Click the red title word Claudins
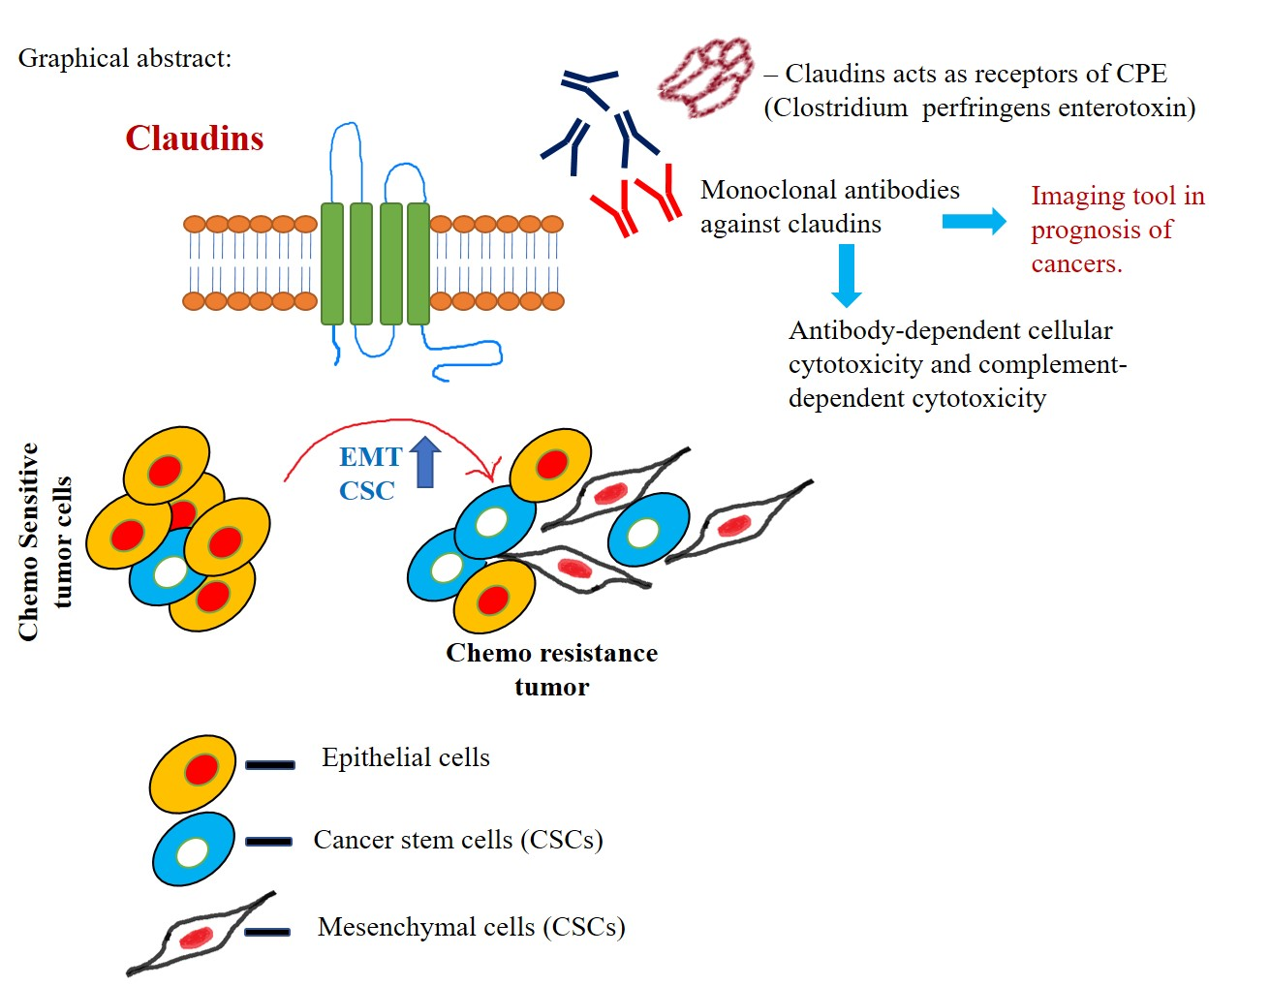pyautogui.click(x=194, y=139)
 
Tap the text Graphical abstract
pyautogui.click(x=124, y=58)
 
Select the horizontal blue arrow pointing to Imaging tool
pyautogui.click(x=974, y=222)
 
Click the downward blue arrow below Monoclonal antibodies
pyautogui.click(x=847, y=275)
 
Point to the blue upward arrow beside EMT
pyautogui.click(x=425, y=462)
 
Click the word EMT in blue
pyautogui.click(x=369, y=457)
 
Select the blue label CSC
pyautogui.click(x=366, y=491)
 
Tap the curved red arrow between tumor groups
pyautogui.click(x=387, y=433)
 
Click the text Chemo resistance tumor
pyautogui.click(x=551, y=669)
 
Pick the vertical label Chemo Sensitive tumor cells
pyautogui.click(x=45, y=541)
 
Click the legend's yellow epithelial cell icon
pyautogui.click(x=193, y=773)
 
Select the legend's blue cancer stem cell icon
pyautogui.click(x=194, y=849)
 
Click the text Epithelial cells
pyautogui.click(x=405, y=757)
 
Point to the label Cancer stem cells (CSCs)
pyautogui.click(x=457, y=840)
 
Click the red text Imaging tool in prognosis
pyautogui.click(x=1116, y=230)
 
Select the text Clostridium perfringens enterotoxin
pyautogui.click(x=979, y=108)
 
